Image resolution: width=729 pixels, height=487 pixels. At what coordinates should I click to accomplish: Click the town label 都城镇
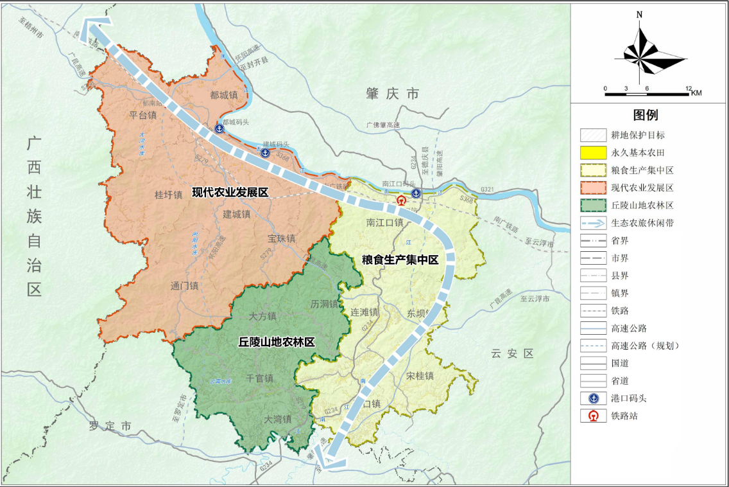tap(224, 94)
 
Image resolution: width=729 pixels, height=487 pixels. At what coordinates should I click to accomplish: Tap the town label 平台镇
tap(143, 116)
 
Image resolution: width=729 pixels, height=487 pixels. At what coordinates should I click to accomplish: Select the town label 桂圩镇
tap(169, 195)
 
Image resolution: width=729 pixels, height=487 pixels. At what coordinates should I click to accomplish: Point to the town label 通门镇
tap(185, 286)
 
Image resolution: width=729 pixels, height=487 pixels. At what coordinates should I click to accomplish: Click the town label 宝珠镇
tap(282, 238)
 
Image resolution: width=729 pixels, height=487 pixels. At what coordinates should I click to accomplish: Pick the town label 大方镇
tap(262, 316)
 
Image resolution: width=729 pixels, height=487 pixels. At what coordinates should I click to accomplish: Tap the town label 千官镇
tap(260, 378)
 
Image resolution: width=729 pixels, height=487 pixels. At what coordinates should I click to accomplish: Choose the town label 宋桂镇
tap(420, 376)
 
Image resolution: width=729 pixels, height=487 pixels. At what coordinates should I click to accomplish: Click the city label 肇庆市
tap(392, 94)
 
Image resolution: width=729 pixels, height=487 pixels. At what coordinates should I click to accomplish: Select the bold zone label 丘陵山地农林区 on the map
tap(277, 342)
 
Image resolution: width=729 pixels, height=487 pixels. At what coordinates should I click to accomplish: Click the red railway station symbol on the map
tap(402, 200)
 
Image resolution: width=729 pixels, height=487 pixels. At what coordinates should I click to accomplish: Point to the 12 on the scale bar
tap(688, 88)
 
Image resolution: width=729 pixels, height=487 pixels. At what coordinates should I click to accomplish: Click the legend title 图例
tap(645, 116)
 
